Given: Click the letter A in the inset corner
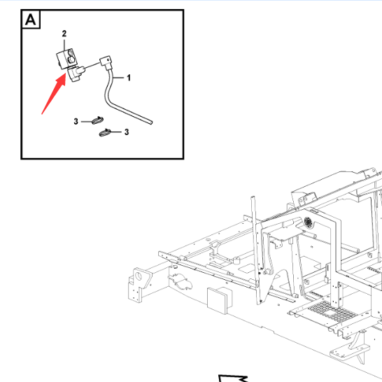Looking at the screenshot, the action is tap(31, 20).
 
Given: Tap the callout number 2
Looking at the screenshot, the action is tap(64, 34).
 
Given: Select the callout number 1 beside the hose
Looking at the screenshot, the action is tap(129, 78).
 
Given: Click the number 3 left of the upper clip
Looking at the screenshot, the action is tap(76, 121).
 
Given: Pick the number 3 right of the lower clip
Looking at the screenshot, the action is tap(127, 132).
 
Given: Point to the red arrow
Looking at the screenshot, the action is tap(54, 93).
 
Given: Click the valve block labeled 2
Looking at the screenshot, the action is tap(66, 59).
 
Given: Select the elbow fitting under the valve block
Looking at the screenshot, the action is tap(76, 73).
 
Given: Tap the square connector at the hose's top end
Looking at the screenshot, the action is tap(106, 62).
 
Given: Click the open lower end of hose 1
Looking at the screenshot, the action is tap(151, 122).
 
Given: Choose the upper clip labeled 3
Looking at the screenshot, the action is tap(98, 120).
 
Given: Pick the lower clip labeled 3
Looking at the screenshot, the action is tap(105, 132).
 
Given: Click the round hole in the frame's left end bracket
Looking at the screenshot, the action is tap(139, 276).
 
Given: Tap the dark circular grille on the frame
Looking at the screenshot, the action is tap(308, 222).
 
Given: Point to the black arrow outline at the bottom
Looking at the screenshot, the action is tap(233, 378).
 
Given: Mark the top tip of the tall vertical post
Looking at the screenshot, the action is tap(253, 197).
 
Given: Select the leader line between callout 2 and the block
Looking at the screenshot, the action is tap(64, 45).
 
